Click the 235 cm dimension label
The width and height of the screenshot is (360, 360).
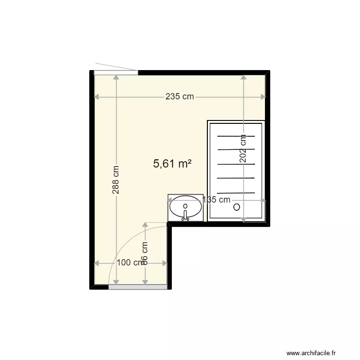pyautogui.click(x=180, y=96)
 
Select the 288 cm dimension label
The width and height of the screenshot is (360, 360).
pyautogui.click(x=116, y=180)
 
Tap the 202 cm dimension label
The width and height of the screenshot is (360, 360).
pyautogui.click(x=243, y=149)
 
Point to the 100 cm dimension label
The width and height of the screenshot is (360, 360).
pyautogui.click(x=130, y=263)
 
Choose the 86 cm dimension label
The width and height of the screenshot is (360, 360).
pyautogui.click(x=145, y=251)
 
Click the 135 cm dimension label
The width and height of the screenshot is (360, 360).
pyautogui.click(x=216, y=200)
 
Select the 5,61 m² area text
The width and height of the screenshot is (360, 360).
pyautogui.click(x=172, y=164)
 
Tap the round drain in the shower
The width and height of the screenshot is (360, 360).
pyautogui.click(x=236, y=207)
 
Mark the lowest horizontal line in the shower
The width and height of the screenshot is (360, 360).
pyautogui.click(x=236, y=192)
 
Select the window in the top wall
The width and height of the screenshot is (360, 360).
pyautogui.click(x=116, y=72)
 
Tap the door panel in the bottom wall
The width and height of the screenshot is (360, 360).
pyautogui.click(x=138, y=287)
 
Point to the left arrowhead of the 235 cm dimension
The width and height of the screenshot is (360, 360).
pyautogui.click(x=96, y=96)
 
